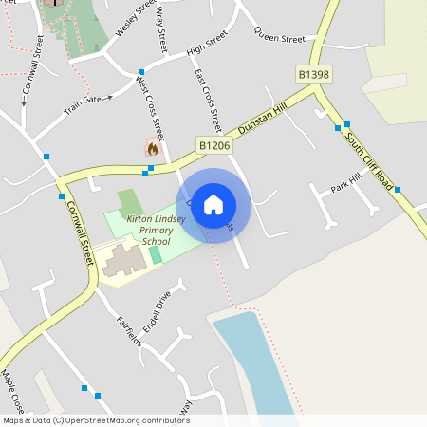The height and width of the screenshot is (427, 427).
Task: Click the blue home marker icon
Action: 213,205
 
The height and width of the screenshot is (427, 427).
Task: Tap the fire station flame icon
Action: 151,147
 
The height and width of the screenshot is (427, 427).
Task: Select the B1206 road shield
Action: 214,145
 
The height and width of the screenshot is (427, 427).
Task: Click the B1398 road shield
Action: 314,74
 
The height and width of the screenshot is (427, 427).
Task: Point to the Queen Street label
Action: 279,39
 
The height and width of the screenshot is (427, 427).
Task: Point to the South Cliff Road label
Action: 367,161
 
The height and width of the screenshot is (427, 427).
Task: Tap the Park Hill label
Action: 346,183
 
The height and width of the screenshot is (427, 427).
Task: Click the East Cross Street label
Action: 207,99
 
